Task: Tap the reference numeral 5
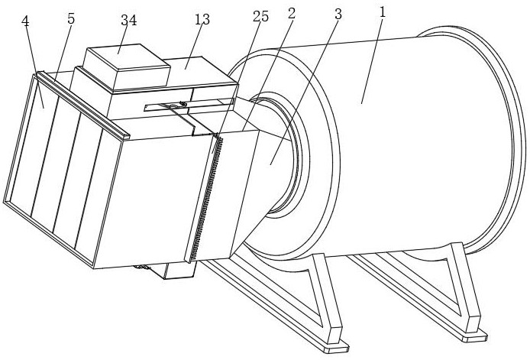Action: pos(71,18)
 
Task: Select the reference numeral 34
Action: pos(128,21)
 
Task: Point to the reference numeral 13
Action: pos(202,19)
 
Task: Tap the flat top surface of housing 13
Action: pos(199,73)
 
